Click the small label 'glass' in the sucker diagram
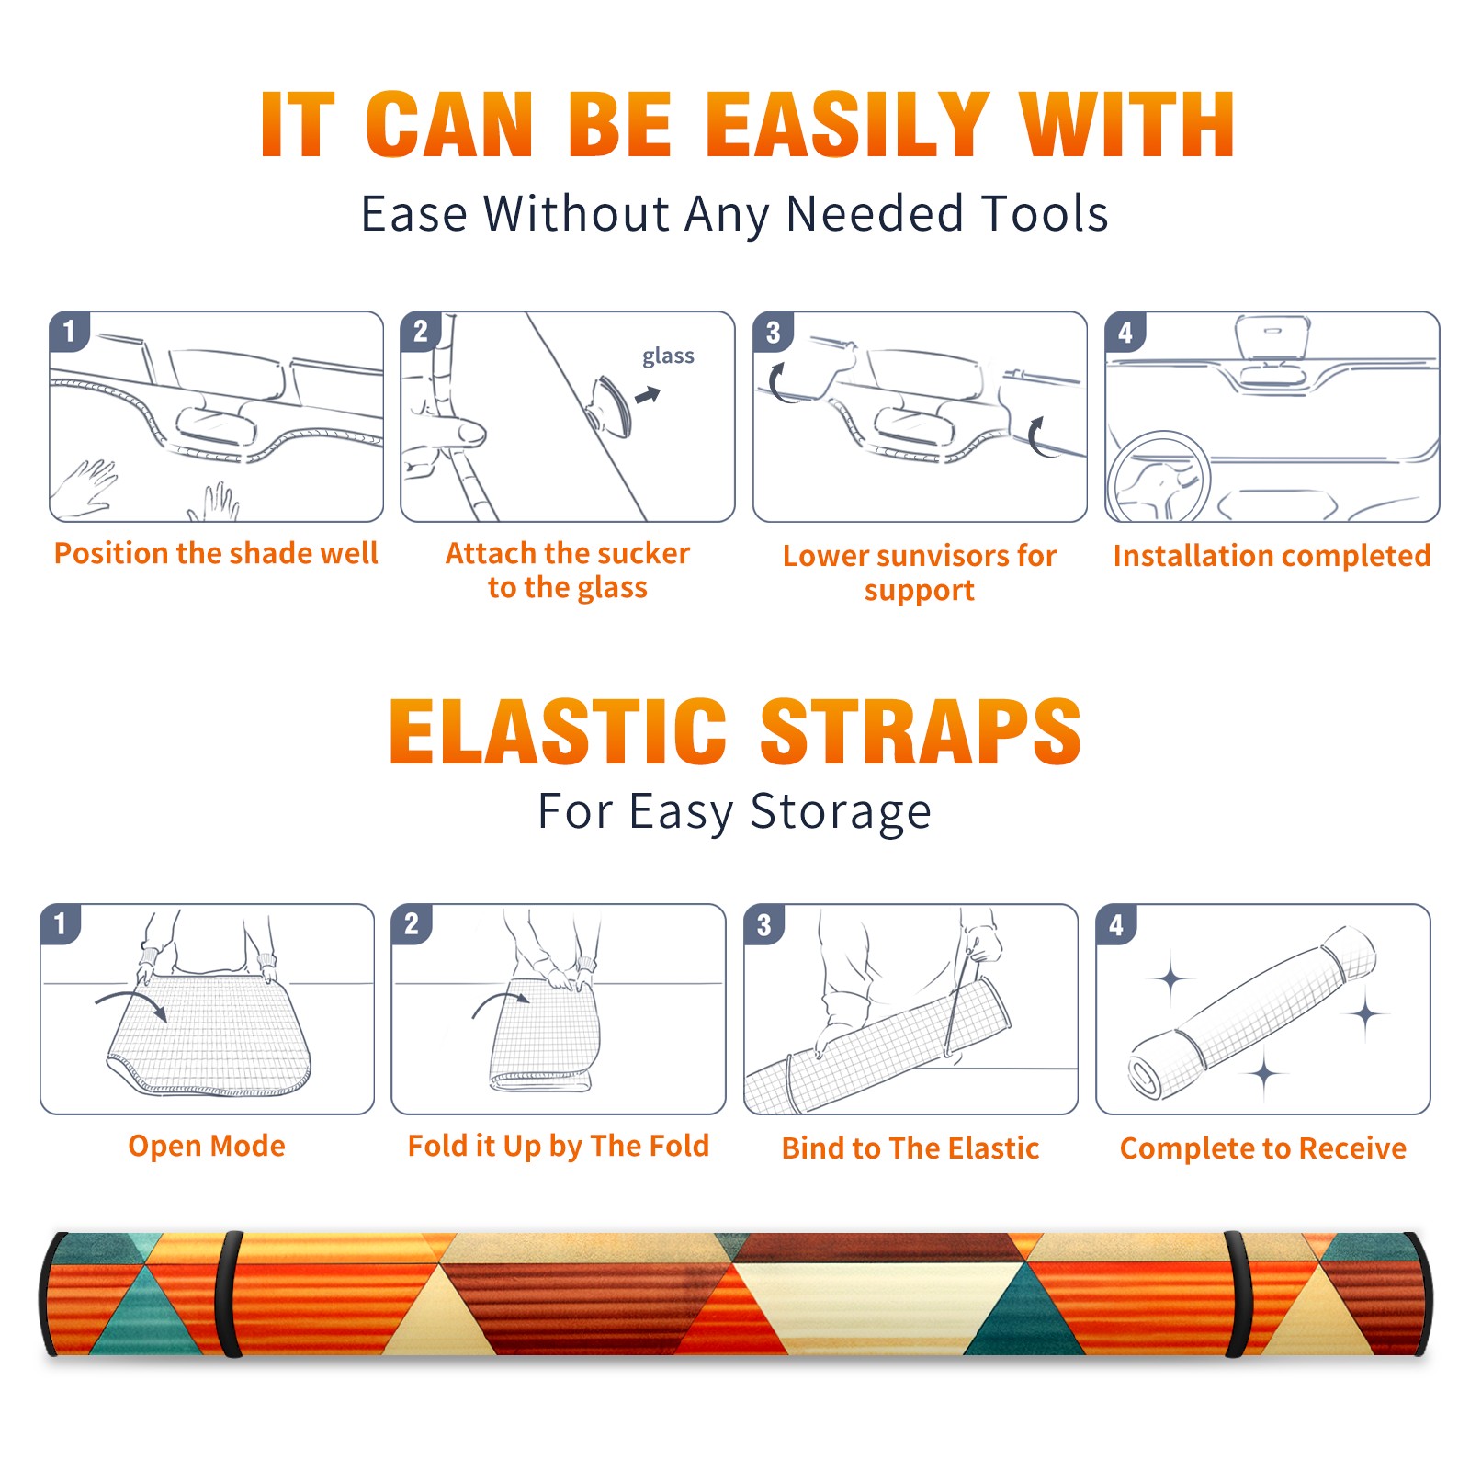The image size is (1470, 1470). (668, 356)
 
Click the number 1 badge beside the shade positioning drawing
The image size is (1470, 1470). (69, 331)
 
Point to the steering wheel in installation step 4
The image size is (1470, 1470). (1158, 477)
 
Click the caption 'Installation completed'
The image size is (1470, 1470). (1272, 556)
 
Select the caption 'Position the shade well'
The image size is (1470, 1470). (216, 553)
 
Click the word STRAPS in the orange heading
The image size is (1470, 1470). (921, 731)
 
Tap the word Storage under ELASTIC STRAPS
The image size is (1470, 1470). (841, 812)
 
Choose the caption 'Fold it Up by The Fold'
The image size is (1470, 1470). (559, 1147)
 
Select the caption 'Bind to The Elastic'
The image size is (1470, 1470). (910, 1148)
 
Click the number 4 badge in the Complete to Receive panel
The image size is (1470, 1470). (1116, 923)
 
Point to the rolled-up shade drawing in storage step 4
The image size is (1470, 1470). (1252, 1013)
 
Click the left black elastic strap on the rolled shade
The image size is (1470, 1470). (228, 1295)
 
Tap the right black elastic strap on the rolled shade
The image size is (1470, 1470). (1238, 1295)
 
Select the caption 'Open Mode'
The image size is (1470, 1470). (207, 1146)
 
